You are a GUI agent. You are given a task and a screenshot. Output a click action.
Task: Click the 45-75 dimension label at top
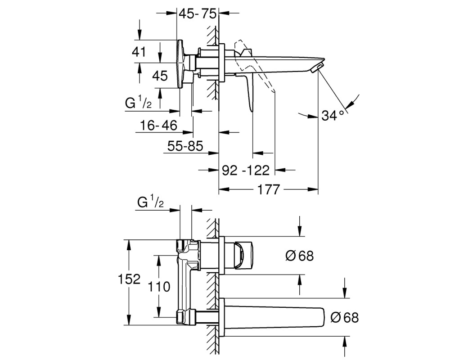197,13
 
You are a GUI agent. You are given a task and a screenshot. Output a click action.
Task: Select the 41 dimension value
139,52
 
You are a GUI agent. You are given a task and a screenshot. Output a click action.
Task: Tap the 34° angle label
333,115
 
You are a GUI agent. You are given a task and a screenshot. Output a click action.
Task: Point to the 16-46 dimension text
158,126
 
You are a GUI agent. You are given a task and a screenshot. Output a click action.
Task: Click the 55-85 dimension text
185,146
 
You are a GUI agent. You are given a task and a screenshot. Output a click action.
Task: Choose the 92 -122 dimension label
246,170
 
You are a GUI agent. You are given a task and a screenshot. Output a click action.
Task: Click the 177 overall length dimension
268,189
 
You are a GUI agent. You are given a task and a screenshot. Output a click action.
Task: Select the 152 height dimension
129,279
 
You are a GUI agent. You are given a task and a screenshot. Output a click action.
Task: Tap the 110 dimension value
159,287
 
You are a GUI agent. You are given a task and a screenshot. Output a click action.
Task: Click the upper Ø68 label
300,256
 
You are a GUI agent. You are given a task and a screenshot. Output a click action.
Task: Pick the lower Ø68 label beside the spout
344,318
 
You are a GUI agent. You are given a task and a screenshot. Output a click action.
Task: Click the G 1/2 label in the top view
138,103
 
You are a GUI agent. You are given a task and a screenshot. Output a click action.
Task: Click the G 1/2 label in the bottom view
150,202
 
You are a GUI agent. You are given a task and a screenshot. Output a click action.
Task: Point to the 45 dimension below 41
160,76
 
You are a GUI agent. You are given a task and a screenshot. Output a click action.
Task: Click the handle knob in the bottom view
244,256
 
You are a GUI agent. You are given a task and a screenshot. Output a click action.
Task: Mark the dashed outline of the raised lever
254,67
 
